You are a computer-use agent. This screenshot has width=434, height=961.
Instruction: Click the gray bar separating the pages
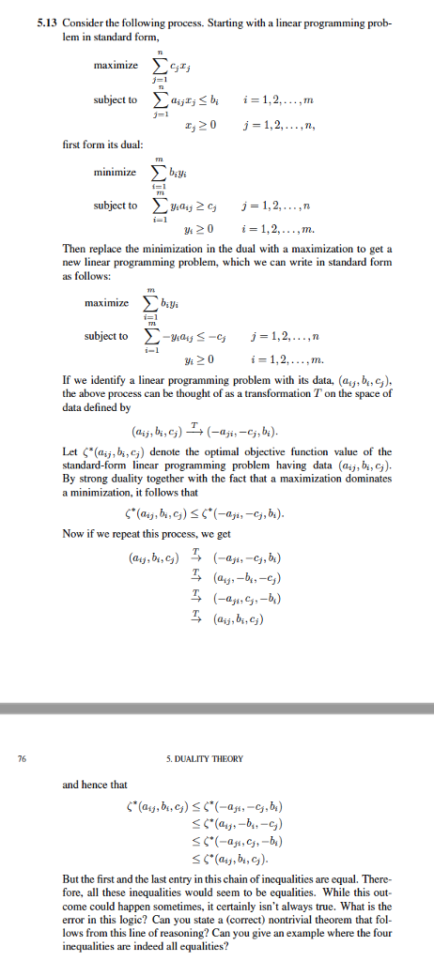(x=217, y=706)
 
